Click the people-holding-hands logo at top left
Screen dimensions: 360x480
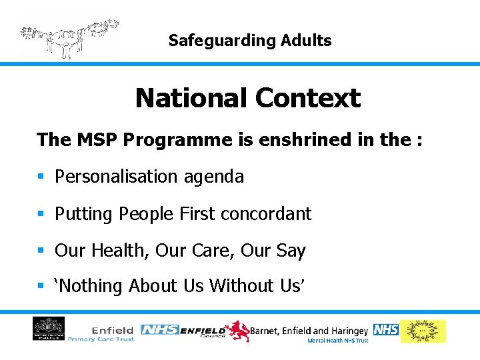pyautogui.click(x=69, y=37)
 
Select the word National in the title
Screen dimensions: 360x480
pyautogui.click(x=191, y=99)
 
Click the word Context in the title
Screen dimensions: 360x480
pyautogui.click(x=307, y=99)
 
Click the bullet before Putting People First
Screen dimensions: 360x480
pyautogui.click(x=41, y=214)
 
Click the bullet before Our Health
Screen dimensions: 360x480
pyautogui.click(x=41, y=251)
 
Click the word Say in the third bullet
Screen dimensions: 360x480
pyautogui.click(x=291, y=251)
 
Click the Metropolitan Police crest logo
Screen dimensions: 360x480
pyautogui.click(x=49, y=329)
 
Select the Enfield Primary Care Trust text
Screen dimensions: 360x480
pyautogui.click(x=113, y=334)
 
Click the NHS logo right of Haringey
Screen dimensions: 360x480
pyautogui.click(x=385, y=329)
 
